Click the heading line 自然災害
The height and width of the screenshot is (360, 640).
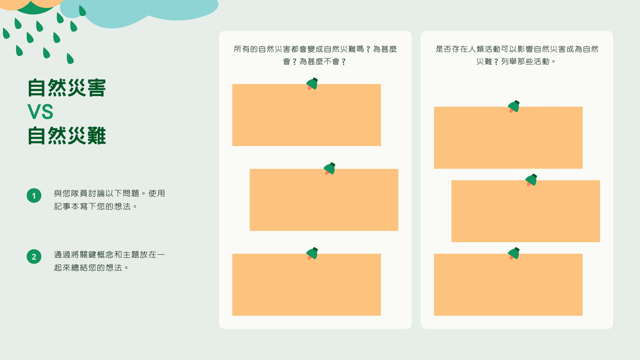[x=67, y=88]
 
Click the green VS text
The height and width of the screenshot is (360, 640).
[x=40, y=112]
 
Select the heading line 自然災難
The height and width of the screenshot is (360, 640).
[x=67, y=136]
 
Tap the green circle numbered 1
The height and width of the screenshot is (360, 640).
[x=34, y=196]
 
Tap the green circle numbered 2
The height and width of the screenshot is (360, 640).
[x=34, y=256]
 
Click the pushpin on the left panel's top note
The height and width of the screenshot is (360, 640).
[x=312, y=84]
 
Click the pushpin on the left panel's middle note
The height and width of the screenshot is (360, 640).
[x=330, y=168]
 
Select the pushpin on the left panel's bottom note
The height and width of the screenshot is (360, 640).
[x=312, y=254]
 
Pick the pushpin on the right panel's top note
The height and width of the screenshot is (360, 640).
[x=514, y=106]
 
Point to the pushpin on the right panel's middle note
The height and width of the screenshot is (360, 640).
[x=531, y=180]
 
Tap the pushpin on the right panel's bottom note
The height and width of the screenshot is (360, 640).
[x=514, y=254]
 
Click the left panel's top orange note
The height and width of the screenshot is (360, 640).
[x=306, y=115]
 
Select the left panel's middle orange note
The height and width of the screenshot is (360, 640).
[x=324, y=200]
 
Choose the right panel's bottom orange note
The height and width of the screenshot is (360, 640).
[x=508, y=284]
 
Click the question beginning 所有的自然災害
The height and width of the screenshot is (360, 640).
[x=315, y=55]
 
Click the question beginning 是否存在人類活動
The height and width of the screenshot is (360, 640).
[x=517, y=55]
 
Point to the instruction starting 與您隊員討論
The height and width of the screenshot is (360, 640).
[x=110, y=200]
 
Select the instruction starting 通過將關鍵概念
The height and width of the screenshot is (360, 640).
[x=110, y=261]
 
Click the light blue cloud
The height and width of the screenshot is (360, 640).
[x=139, y=13]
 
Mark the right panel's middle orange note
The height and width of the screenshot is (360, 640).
[x=526, y=211]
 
